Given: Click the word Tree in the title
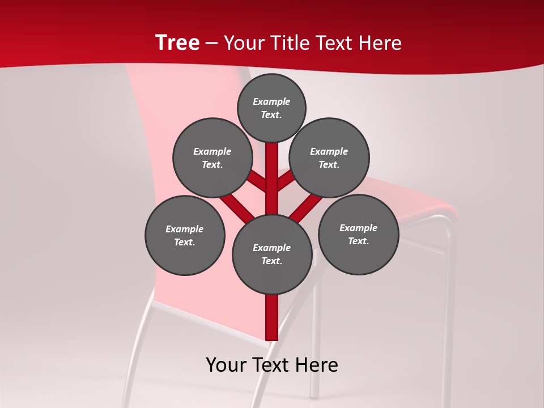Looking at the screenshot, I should [177, 43].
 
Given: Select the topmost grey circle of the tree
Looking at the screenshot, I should [271, 108].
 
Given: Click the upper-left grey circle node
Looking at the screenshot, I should [212, 158].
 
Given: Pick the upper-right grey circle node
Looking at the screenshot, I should [329, 158].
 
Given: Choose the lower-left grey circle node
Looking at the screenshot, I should [185, 235].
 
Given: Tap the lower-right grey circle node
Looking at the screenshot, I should [359, 234].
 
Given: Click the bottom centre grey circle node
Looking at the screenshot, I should [272, 254].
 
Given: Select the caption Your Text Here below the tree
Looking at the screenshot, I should [272, 365].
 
